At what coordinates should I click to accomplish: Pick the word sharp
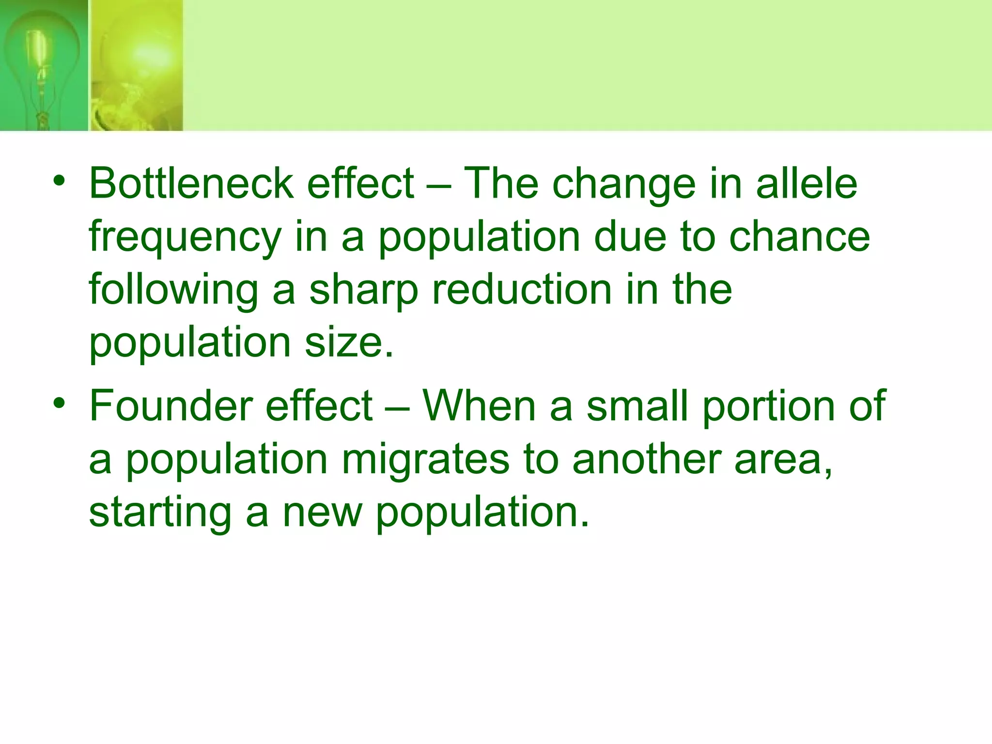pos(363,291)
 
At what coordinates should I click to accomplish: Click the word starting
pos(160,513)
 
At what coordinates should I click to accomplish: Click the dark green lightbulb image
pos(44,65)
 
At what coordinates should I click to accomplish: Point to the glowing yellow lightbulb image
pos(137,65)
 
